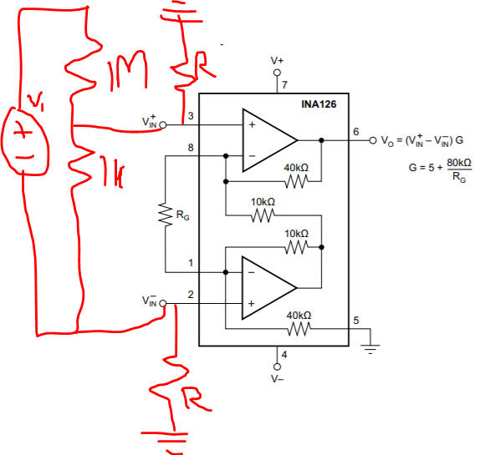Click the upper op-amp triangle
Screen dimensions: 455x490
click(265, 136)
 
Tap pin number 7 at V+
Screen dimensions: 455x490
click(284, 86)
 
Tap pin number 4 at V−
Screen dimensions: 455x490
click(284, 355)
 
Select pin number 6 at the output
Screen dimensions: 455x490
click(355, 132)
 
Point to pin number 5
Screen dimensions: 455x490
click(355, 321)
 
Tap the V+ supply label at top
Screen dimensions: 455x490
click(277, 61)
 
